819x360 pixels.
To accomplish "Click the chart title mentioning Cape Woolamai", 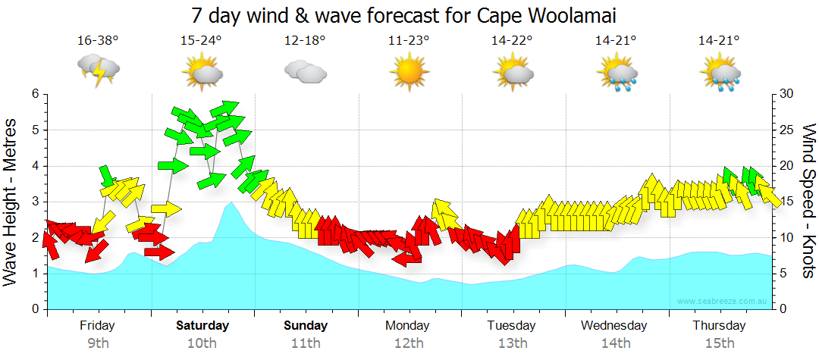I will point(403,15).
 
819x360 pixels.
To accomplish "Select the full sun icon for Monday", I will point(409,72).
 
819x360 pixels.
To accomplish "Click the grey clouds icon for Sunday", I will point(305,72).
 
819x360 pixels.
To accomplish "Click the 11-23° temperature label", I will point(409,40).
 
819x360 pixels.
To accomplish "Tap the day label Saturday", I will point(202,326).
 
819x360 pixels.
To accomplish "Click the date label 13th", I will point(513,343).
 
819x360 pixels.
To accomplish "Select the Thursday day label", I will point(719,326).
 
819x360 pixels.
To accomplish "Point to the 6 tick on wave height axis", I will point(34,94).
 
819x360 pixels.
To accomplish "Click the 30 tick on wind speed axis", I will point(786,94).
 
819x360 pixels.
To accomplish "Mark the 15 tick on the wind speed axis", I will point(786,202).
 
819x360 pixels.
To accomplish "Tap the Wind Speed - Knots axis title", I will point(808,202).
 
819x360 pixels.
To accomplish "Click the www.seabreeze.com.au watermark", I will point(723,302).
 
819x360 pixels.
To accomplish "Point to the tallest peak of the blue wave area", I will point(231,204).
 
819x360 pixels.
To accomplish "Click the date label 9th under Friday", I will point(98,343).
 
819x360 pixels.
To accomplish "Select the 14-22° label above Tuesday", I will point(513,40).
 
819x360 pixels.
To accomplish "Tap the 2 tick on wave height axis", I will point(34,238).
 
